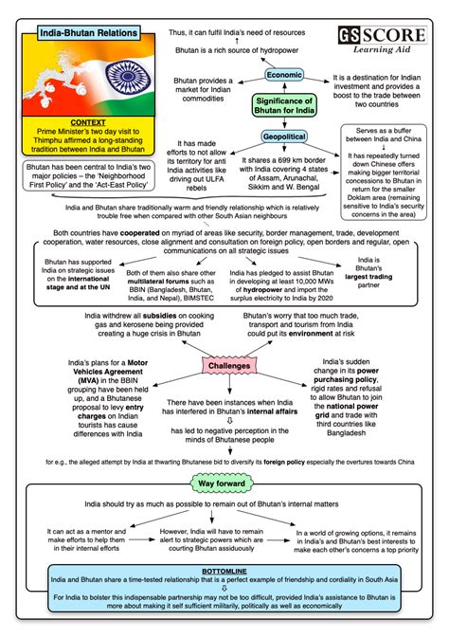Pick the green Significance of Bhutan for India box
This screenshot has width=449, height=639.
click(x=285, y=105)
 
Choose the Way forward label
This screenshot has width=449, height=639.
click(x=225, y=484)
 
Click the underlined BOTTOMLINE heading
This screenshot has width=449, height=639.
click(x=225, y=573)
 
